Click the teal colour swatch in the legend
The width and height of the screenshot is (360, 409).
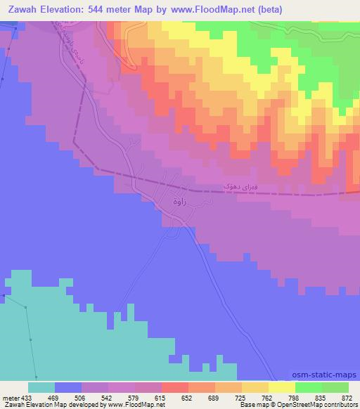(x=41, y=387)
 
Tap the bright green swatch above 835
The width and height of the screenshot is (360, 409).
(x=309, y=387)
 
